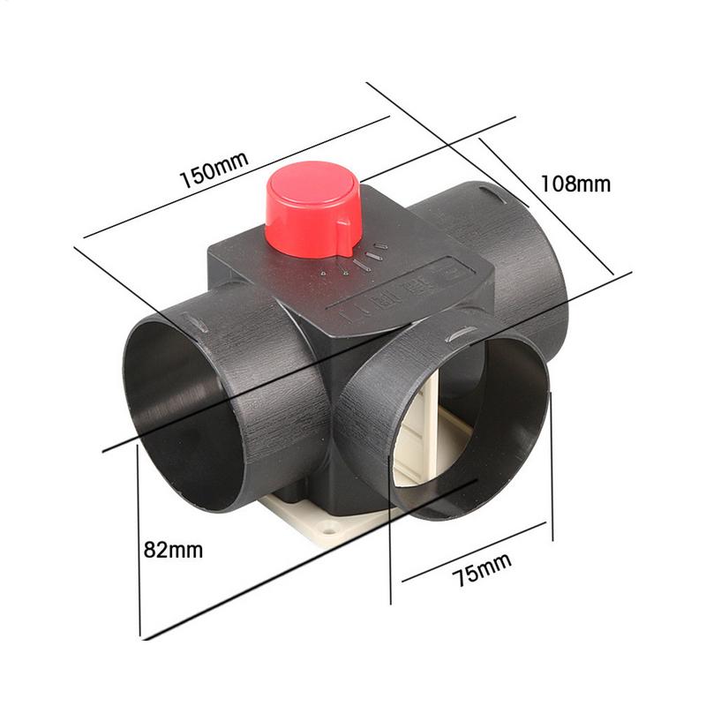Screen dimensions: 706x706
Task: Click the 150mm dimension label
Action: pos(214,168)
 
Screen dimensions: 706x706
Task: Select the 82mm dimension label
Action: pos(173,550)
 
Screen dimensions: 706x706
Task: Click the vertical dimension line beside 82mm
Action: pos(139,538)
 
